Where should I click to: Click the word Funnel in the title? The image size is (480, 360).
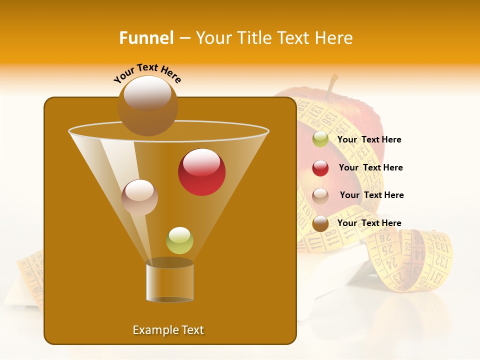click(x=146, y=38)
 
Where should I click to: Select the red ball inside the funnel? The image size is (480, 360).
click(x=201, y=172)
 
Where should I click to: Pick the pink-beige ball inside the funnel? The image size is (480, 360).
click(x=139, y=197)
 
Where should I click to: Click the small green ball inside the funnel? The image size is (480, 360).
click(x=179, y=240)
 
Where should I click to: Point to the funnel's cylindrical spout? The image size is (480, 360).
click(x=169, y=280)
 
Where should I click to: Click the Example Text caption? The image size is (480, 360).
click(x=168, y=330)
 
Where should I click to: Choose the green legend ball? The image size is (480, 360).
click(x=320, y=139)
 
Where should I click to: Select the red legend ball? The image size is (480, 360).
click(x=320, y=168)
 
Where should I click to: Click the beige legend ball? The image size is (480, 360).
click(x=320, y=196)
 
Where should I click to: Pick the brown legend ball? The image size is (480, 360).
click(x=320, y=223)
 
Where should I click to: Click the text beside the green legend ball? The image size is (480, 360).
click(x=369, y=139)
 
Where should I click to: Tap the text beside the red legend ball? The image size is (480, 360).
click(x=370, y=167)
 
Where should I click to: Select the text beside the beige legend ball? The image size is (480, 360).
click(x=371, y=195)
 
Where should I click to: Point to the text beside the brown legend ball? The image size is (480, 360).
click(x=369, y=223)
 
